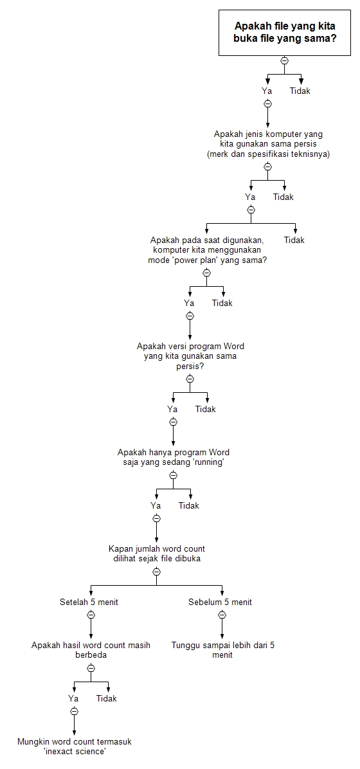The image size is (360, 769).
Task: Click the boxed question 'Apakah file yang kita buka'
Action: click(285, 32)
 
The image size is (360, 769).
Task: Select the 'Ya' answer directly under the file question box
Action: click(267, 91)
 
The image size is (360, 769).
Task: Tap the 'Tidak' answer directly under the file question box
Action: click(300, 91)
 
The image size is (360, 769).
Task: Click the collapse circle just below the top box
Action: click(284, 60)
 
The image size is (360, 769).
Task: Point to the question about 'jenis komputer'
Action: click(267, 139)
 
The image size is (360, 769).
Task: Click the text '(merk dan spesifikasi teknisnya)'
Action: click(268, 154)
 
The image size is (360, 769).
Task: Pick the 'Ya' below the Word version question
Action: click(172, 409)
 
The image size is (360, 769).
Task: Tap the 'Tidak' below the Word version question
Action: click(206, 409)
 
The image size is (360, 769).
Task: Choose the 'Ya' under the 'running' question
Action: click(156, 505)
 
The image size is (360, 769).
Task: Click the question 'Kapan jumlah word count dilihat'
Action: click(156, 554)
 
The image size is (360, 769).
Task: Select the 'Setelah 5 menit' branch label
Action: click(89, 602)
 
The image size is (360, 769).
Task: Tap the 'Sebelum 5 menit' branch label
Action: click(220, 602)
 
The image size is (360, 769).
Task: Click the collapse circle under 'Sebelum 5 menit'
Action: click(222, 615)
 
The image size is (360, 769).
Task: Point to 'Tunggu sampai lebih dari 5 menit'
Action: click(222, 649)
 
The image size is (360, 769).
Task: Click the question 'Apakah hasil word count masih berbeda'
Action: click(91, 649)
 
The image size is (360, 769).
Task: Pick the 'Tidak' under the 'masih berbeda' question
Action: click(107, 698)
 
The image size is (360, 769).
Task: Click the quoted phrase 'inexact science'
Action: click(75, 751)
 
